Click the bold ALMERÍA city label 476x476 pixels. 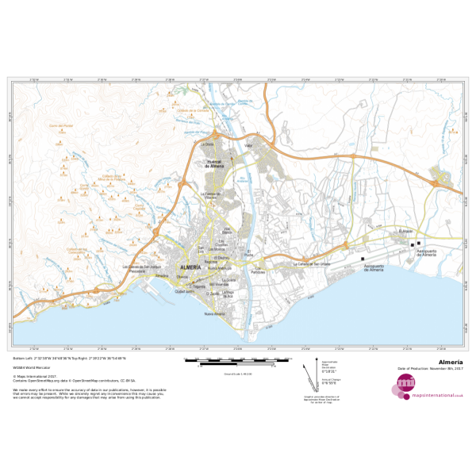click(191, 268)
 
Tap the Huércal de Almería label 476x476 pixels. click(216, 164)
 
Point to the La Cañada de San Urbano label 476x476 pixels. click(312, 263)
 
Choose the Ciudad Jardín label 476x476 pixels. click(185, 292)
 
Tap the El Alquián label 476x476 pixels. click(406, 231)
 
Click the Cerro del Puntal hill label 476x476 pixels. click(61, 125)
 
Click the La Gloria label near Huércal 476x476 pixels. click(208, 145)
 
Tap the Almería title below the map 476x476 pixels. click(450, 362)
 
